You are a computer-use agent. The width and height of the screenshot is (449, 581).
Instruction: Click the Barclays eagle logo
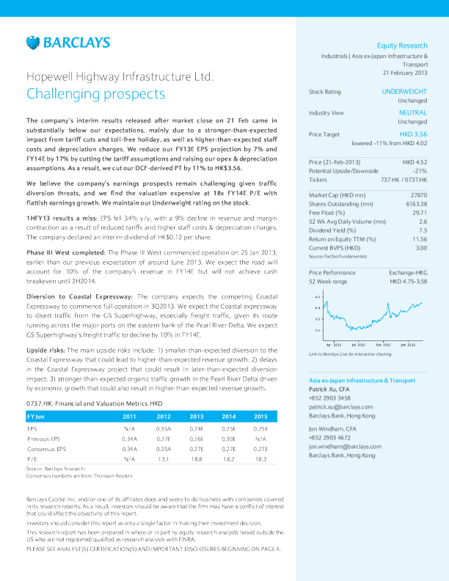pos(32,42)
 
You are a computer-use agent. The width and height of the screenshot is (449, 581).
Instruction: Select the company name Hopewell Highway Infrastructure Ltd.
pos(120,76)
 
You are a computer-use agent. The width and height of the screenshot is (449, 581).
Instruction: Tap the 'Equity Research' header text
pos(402,45)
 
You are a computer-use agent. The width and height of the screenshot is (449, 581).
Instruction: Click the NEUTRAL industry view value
pos(413,113)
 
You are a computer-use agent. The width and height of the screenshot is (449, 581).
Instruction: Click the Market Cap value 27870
pos(417,194)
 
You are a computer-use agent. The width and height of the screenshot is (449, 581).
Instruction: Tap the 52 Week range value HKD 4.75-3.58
pos(409,281)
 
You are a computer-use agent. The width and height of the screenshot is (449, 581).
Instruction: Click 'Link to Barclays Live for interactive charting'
pos(351,354)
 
